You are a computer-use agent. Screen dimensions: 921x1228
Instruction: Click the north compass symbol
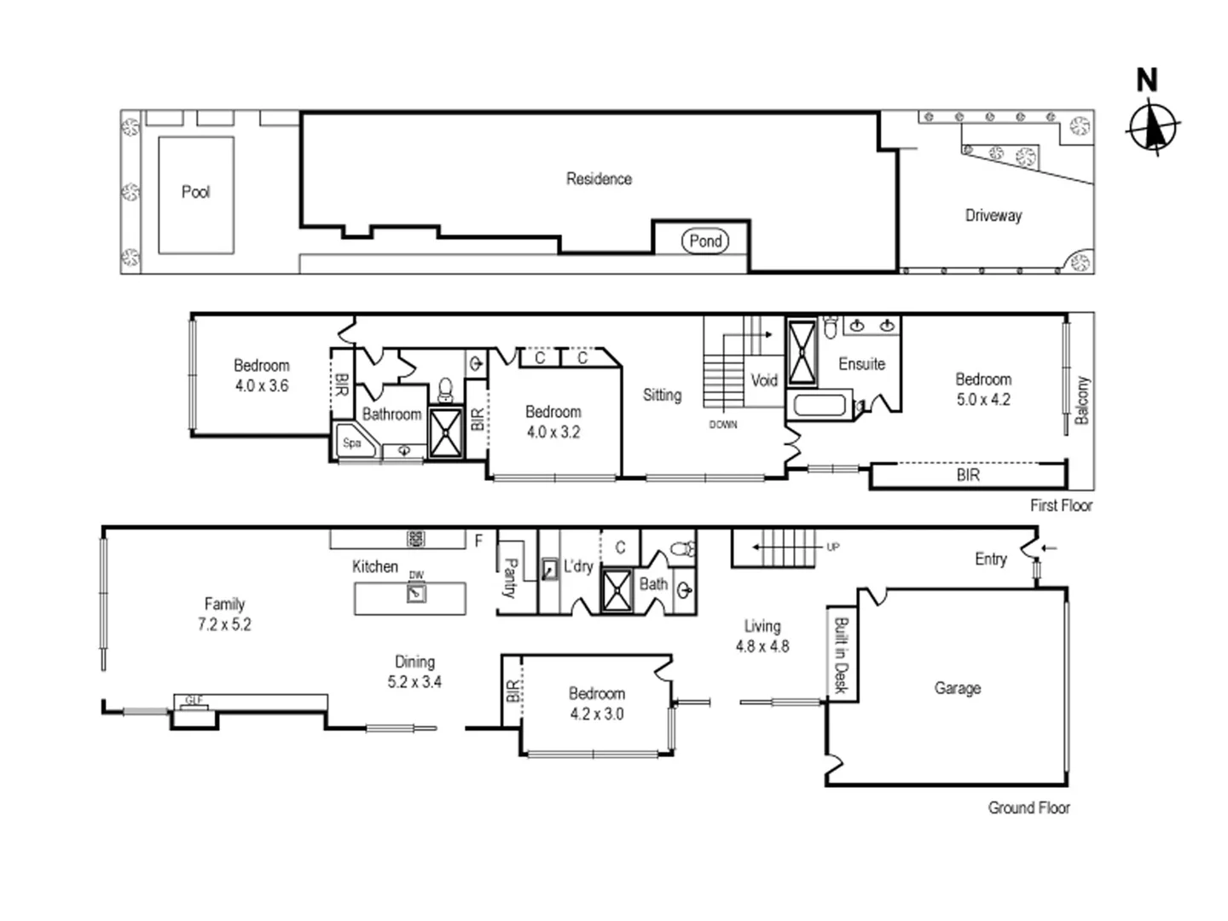pyautogui.click(x=1153, y=127)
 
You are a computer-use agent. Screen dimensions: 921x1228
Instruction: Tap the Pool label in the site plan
pyautogui.click(x=195, y=192)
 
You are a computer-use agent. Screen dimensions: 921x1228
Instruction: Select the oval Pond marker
pyautogui.click(x=705, y=241)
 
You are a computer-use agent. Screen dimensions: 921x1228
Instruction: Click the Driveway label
pyautogui.click(x=993, y=216)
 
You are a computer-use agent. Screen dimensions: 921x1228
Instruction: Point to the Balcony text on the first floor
pyautogui.click(x=1082, y=400)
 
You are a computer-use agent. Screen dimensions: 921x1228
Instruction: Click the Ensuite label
pyautogui.click(x=861, y=364)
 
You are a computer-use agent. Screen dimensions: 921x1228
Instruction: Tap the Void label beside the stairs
pyautogui.click(x=764, y=380)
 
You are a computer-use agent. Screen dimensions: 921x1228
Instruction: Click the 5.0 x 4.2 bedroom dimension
pyautogui.click(x=983, y=399)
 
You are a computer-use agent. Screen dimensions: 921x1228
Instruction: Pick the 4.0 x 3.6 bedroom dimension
pyautogui.click(x=262, y=385)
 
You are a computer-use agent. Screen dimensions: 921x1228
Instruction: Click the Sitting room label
pyautogui.click(x=662, y=395)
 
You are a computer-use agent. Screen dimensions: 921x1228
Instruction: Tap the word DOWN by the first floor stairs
pyautogui.click(x=723, y=425)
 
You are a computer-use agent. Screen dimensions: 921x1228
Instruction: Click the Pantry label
pyautogui.click(x=510, y=578)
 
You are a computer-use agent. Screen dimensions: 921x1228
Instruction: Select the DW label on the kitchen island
pyautogui.click(x=416, y=576)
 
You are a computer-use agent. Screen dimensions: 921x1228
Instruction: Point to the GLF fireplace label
pyautogui.click(x=194, y=701)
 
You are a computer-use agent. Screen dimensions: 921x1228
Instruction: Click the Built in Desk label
pyautogui.click(x=840, y=655)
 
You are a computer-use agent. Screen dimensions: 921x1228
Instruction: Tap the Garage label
pyautogui.click(x=957, y=688)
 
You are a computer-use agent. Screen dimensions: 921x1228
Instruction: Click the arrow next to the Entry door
pyautogui.click(x=1050, y=548)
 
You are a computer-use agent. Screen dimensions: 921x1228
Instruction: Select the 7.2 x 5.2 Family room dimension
pyautogui.click(x=224, y=624)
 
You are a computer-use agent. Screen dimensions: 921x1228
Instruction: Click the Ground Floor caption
pyautogui.click(x=1028, y=808)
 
